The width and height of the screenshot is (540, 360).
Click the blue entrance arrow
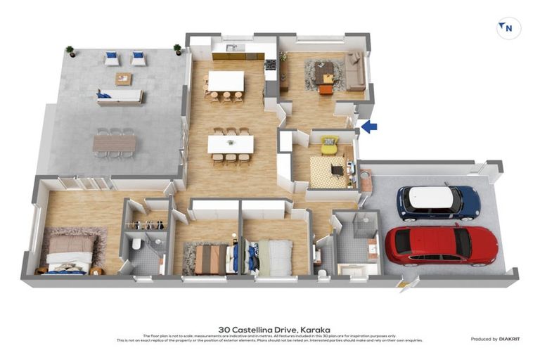pyautogui.click(x=369, y=127)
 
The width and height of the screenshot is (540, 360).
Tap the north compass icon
pyautogui.click(x=508, y=29)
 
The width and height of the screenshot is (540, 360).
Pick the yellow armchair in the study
pyautogui.click(x=329, y=146)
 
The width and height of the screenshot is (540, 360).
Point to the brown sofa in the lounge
pyautogui.click(x=355, y=72)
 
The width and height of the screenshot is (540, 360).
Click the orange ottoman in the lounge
pyautogui.click(x=325, y=89)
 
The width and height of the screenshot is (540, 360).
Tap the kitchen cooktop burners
pyautogui.click(x=270, y=65)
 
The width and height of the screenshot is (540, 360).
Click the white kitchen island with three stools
pyautogui.click(x=226, y=81)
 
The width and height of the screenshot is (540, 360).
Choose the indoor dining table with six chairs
pyautogui.click(x=230, y=144)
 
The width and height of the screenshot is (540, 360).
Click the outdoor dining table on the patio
pyautogui.click(x=114, y=143)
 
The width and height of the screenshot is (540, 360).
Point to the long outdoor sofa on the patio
pyautogui.click(x=120, y=96)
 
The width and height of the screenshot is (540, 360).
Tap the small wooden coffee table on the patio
pyautogui.click(x=124, y=79)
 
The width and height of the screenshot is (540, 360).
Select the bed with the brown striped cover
pyautogui.click(x=210, y=259)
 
